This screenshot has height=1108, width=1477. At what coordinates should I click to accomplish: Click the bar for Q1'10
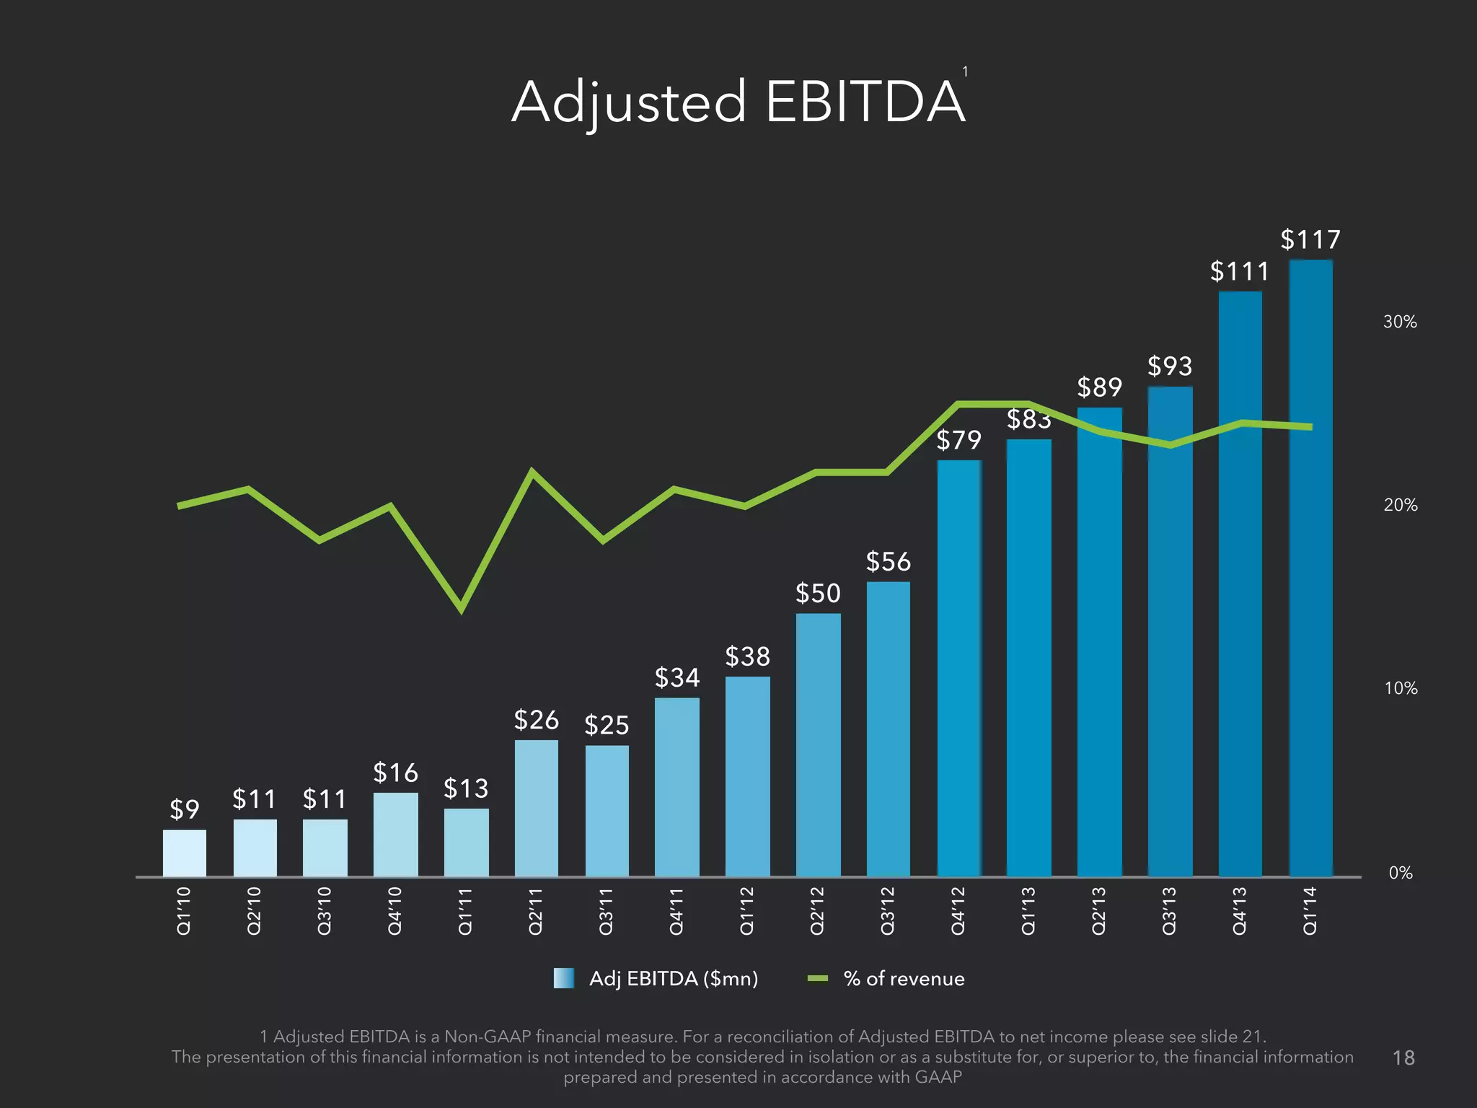click(184, 853)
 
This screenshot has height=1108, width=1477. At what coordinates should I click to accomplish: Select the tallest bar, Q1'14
click(1310, 570)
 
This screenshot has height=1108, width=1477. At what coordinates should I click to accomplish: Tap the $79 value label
click(958, 440)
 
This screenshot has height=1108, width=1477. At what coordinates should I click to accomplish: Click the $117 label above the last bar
click(1310, 239)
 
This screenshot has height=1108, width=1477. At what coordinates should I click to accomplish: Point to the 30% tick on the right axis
click(1400, 322)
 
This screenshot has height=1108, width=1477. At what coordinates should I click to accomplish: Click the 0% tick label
click(1400, 873)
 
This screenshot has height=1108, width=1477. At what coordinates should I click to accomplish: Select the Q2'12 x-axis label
click(817, 911)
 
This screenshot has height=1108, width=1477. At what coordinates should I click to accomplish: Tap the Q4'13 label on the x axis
click(1240, 911)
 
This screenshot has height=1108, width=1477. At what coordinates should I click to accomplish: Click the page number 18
click(1403, 1058)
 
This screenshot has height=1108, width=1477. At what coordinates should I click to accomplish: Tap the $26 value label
click(536, 720)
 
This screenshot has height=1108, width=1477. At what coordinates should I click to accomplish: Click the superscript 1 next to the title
click(965, 71)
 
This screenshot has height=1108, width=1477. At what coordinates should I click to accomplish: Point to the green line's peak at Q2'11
click(532, 472)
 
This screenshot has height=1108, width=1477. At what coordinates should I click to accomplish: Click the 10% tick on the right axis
click(1400, 688)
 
